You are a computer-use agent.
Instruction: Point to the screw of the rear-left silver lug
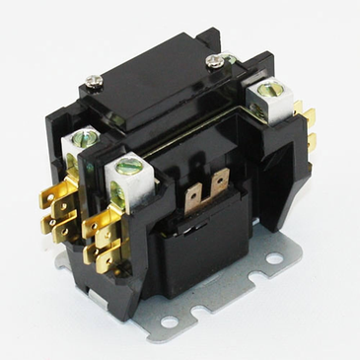pos(84,139)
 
